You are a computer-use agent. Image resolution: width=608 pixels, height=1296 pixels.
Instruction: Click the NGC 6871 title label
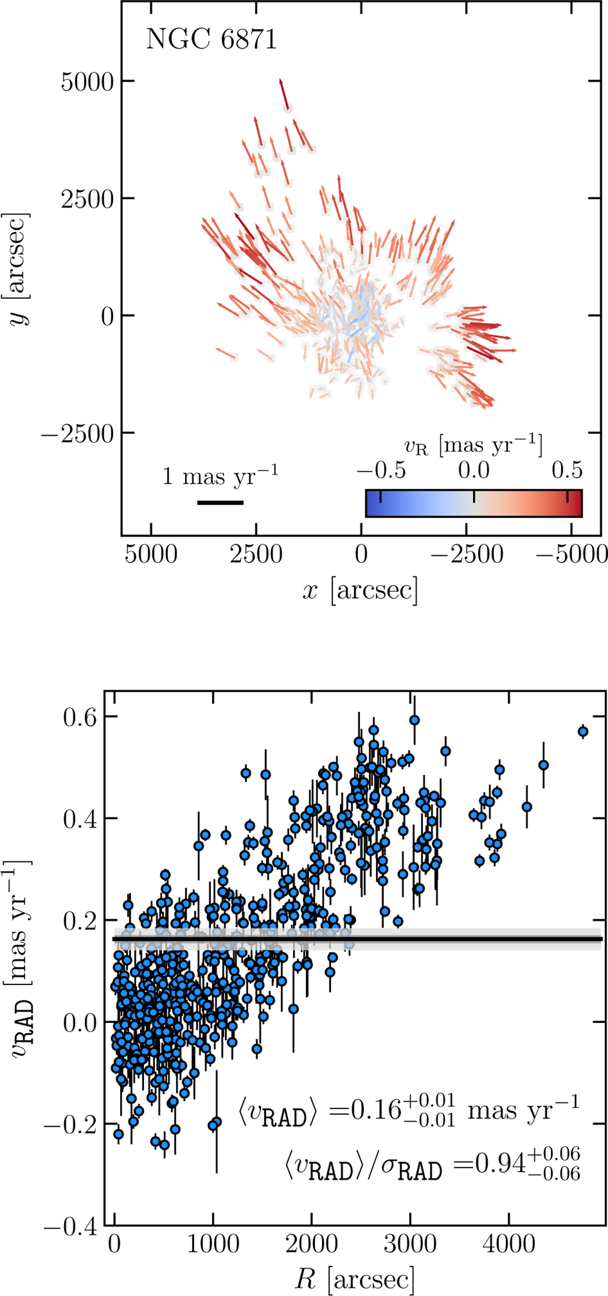pos(211,39)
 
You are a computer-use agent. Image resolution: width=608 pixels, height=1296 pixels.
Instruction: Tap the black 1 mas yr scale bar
pos(220,503)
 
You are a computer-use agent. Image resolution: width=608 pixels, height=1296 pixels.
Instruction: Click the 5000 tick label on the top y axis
pos(87,82)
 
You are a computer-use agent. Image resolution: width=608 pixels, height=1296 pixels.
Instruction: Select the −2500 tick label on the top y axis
pos(78,434)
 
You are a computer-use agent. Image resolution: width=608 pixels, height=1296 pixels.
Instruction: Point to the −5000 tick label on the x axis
pos(572,554)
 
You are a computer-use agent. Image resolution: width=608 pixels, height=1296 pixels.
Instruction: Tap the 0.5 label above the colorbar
pos(567,470)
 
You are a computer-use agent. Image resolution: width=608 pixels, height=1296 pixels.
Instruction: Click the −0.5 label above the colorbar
pos(381,470)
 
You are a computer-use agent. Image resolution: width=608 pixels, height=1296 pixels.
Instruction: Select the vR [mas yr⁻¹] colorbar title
pos(473,445)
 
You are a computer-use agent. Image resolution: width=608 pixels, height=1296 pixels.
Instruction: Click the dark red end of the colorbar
pos(578,503)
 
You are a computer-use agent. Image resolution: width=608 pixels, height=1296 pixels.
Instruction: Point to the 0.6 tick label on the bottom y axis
pos(80,718)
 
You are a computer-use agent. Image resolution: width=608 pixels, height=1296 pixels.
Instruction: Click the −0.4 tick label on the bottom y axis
pos(70,1227)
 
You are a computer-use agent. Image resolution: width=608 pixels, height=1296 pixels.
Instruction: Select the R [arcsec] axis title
pos(355,1280)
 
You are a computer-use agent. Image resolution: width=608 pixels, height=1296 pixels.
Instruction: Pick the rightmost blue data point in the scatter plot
pos(583,731)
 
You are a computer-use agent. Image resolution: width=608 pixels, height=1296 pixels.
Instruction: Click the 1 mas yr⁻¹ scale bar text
pos(220,477)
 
